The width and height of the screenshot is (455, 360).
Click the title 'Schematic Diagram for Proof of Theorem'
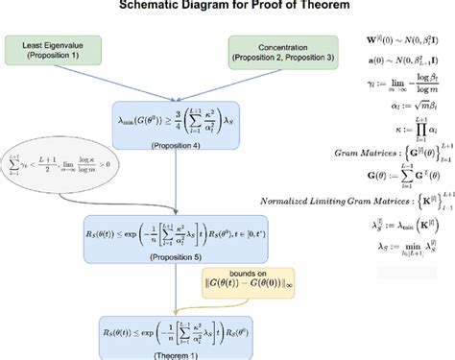pos(227,6)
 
